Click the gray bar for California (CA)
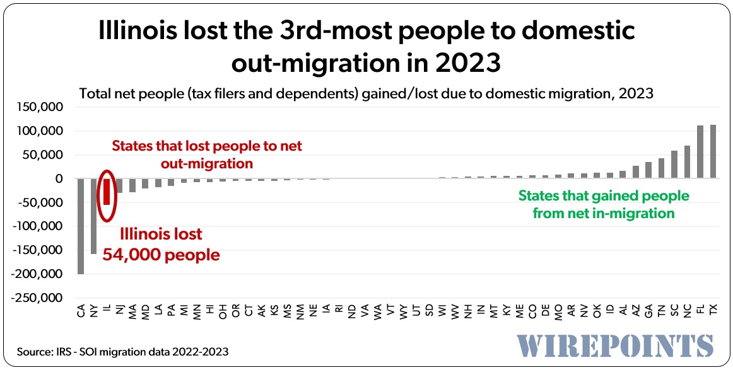click(x=81, y=226)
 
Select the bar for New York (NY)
click(x=94, y=216)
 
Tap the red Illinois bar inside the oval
click(x=107, y=192)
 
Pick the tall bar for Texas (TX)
click(x=713, y=152)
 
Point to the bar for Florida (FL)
click(x=700, y=153)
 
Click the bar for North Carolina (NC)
click(x=687, y=163)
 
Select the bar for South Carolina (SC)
click(x=674, y=165)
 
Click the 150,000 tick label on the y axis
click(x=42, y=108)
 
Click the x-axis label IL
click(x=107, y=310)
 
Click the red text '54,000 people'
click(x=170, y=255)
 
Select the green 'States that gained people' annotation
click(x=604, y=195)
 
